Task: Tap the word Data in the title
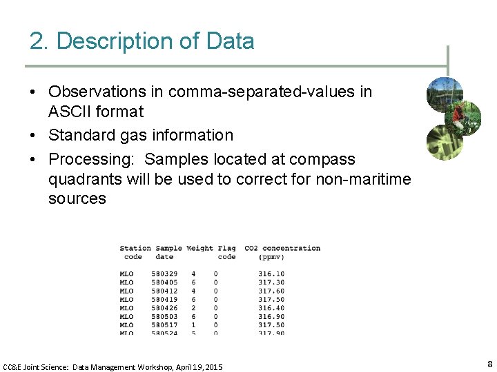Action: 230,41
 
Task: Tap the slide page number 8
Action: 489,364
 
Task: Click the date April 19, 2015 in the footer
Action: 197,367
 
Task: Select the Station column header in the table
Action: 135,248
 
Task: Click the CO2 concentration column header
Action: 282,248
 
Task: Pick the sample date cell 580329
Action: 164,274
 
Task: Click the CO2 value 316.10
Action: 271,274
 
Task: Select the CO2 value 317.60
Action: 271,291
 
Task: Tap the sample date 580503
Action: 164,316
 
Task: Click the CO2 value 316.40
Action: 271,308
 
